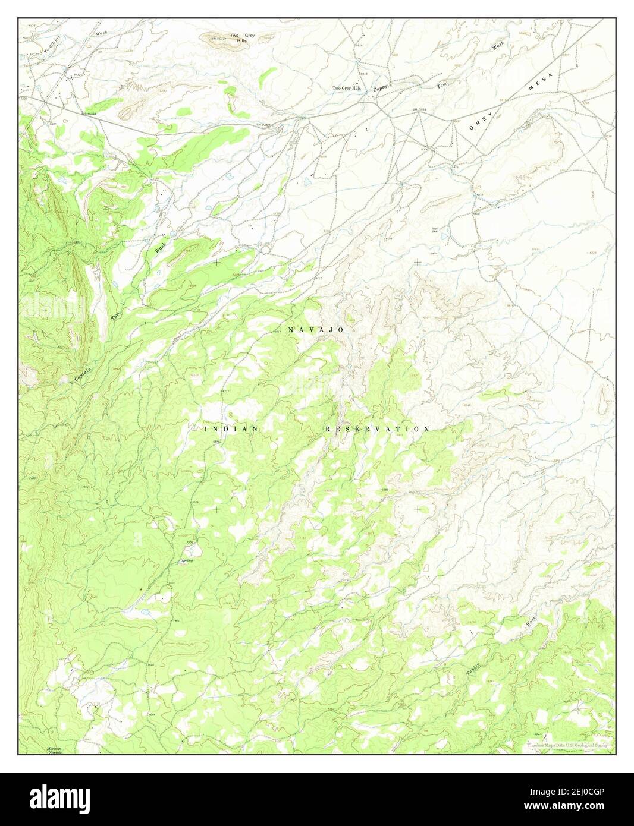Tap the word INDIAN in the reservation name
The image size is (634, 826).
pyautogui.click(x=231, y=428)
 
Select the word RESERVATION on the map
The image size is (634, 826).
pyautogui.click(x=377, y=428)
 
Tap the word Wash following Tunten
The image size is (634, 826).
pyautogui.click(x=530, y=622)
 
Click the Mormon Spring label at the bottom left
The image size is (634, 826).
pyautogui.click(x=54, y=750)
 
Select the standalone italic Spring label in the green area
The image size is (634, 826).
pyautogui.click(x=187, y=560)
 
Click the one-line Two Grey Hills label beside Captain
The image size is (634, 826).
pyautogui.click(x=347, y=88)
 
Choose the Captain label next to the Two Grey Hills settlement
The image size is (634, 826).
pyautogui.click(x=382, y=87)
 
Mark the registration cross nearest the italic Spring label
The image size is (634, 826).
pyautogui.click(x=216, y=509)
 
